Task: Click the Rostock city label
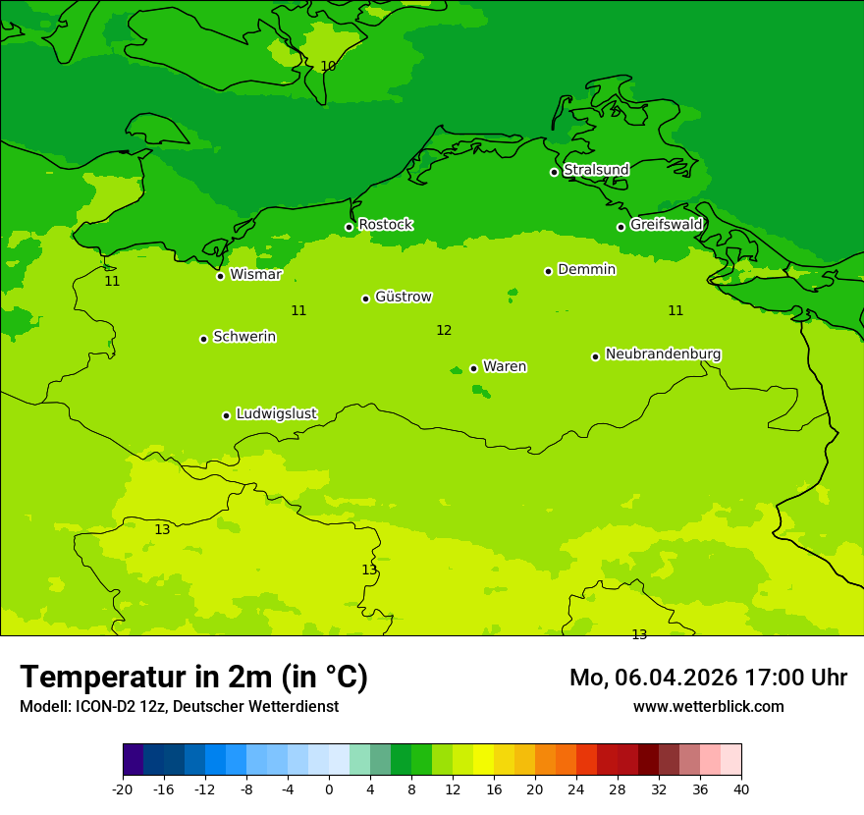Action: coord(385,225)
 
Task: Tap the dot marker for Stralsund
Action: coord(554,172)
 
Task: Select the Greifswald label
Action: coord(666,225)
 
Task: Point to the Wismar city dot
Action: coord(220,276)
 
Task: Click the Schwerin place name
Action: coord(244,337)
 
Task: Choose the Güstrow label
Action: coord(403,297)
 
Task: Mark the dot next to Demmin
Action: coord(548,271)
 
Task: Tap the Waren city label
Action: coord(505,366)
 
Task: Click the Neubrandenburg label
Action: coord(663,354)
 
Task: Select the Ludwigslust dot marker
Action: coord(226,415)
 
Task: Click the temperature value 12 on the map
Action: coord(444,331)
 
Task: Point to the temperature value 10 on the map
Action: coord(328,66)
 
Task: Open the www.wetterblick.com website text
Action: coord(708,707)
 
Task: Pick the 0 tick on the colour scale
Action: coord(329,789)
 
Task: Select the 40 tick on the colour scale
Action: coord(740,789)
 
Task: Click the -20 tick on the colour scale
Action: coord(123,789)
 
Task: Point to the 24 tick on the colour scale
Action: coord(576,789)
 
